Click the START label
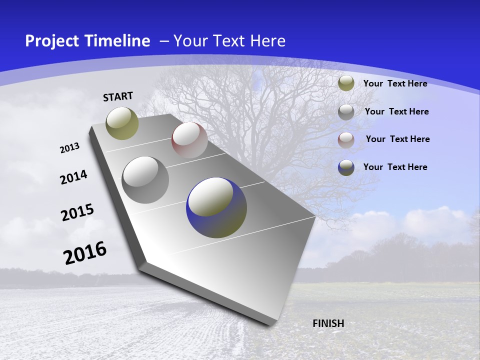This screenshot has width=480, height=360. (118, 96)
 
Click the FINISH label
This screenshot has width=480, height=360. (328, 323)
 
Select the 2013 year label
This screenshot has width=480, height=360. (69, 148)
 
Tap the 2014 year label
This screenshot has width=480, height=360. (73, 177)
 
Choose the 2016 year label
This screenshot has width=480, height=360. (84, 253)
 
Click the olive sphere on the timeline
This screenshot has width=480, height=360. (122, 123)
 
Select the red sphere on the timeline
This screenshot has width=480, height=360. (189, 140)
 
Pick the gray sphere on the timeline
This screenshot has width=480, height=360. (145, 180)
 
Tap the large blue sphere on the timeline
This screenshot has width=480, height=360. (216, 207)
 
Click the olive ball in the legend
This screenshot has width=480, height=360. (346, 83)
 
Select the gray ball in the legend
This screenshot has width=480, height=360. (346, 112)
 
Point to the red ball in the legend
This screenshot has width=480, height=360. (346, 140)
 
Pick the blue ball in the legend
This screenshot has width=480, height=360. (346, 167)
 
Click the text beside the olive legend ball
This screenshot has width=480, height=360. (395, 83)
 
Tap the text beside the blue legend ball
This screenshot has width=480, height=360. (395, 167)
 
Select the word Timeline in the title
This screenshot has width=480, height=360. (120, 41)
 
